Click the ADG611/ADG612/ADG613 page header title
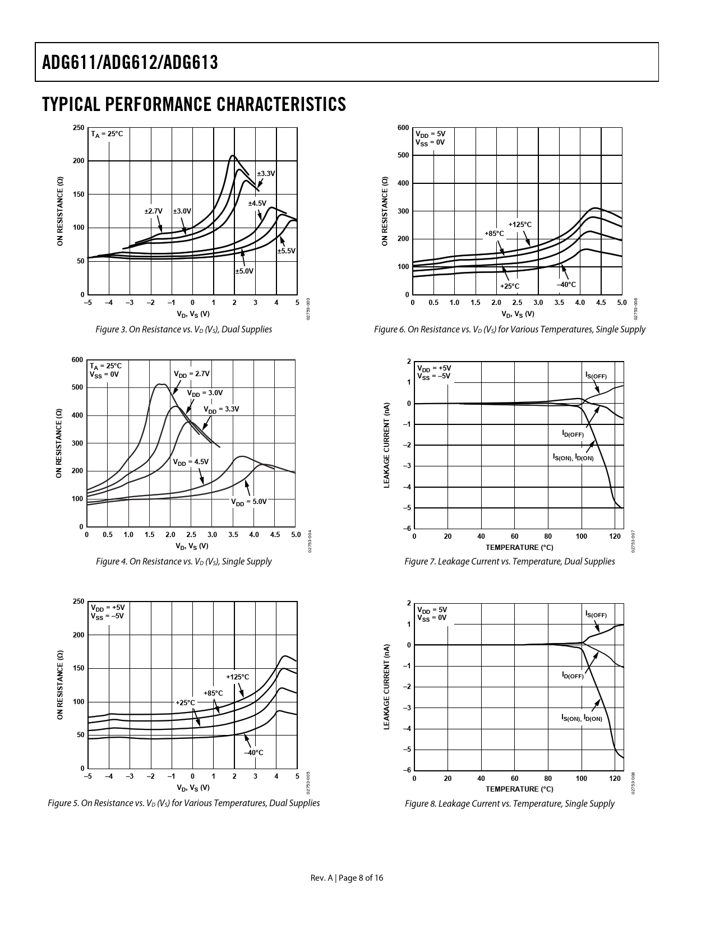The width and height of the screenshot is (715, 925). click(x=130, y=62)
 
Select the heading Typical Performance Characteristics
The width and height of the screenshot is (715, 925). click(x=193, y=104)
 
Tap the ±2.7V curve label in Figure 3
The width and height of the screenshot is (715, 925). click(x=153, y=211)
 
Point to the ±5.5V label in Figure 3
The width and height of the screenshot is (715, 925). click(x=286, y=251)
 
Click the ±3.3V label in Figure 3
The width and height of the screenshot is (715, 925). click(x=266, y=174)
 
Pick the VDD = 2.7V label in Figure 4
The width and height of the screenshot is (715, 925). click(x=192, y=374)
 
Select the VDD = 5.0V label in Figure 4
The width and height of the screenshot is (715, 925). click(x=250, y=502)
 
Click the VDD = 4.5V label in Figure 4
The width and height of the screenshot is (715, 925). click(x=191, y=462)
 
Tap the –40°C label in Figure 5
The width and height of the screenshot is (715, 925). click(x=253, y=752)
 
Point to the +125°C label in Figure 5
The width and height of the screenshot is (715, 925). click(x=237, y=677)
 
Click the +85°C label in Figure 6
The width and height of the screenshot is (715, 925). click(x=494, y=233)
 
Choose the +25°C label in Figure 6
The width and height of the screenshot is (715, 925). click(x=510, y=286)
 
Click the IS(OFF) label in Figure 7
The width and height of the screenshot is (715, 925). click(x=596, y=375)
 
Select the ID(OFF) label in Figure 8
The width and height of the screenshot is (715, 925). click(x=573, y=676)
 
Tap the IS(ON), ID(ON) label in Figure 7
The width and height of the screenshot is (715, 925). click(x=573, y=458)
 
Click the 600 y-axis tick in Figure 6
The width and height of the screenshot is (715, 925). click(x=403, y=128)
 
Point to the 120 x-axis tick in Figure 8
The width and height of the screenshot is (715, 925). click(x=615, y=779)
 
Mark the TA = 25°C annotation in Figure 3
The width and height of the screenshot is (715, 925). click(x=107, y=135)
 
